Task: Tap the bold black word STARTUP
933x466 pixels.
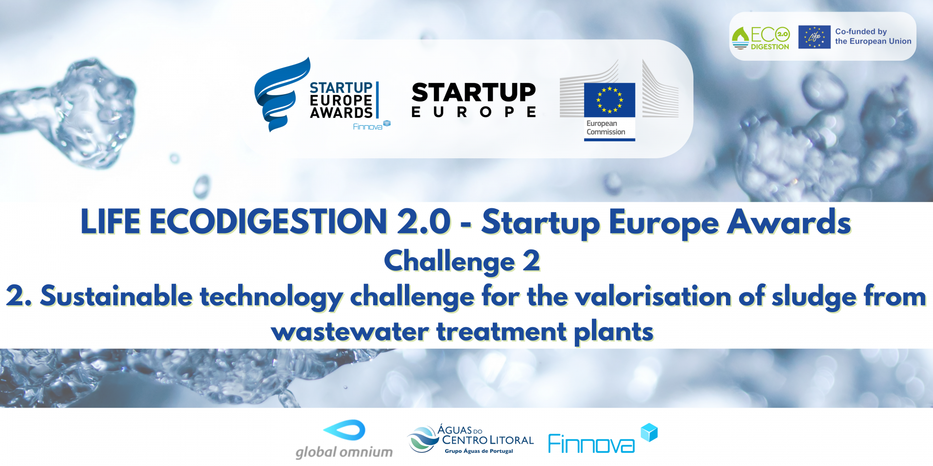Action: click(473, 92)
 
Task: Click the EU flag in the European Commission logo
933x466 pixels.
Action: click(609, 100)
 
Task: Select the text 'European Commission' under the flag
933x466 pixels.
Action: click(605, 128)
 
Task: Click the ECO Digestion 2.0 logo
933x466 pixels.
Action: click(760, 38)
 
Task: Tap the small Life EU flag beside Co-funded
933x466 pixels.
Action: click(814, 37)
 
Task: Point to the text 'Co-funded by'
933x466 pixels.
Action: click(861, 32)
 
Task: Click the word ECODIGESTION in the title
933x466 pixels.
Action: click(268, 222)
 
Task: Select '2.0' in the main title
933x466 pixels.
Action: click(424, 222)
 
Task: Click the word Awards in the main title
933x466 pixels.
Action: click(788, 222)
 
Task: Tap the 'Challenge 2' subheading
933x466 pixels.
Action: click(462, 261)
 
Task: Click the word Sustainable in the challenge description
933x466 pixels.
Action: click(117, 296)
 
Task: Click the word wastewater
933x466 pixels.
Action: click(350, 332)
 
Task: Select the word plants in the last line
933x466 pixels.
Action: click(614, 333)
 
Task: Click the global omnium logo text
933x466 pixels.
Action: click(344, 452)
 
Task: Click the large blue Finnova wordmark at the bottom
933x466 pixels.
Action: click(591, 444)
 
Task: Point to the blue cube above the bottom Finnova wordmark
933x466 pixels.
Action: click(649, 432)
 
